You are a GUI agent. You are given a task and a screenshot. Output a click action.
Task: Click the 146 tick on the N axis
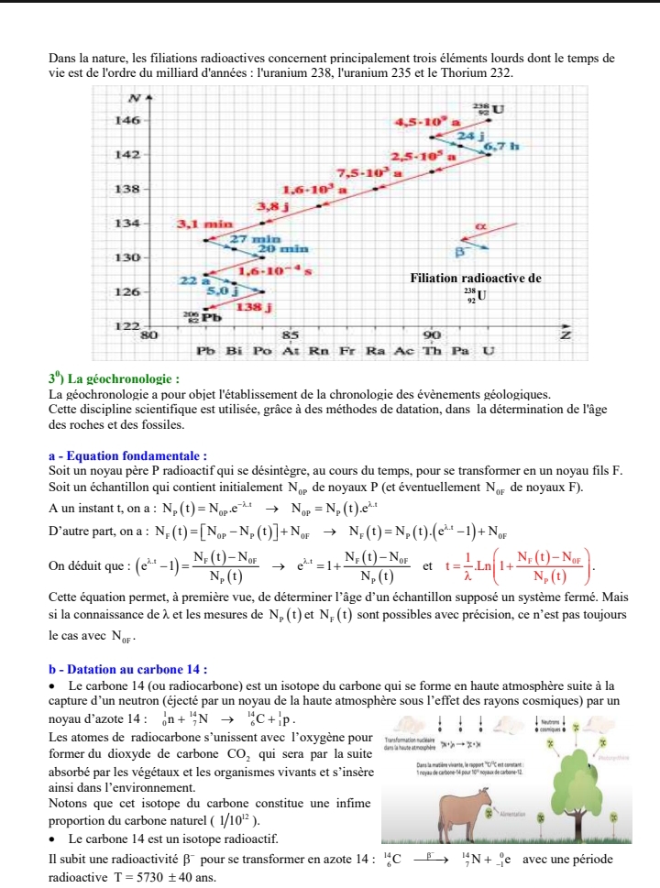point(127,120)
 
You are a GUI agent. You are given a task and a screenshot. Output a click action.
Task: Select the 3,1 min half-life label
point(200,223)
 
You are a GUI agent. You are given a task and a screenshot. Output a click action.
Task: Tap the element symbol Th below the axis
point(432,351)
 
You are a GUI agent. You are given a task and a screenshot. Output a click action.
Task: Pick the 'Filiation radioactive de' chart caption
point(476,278)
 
